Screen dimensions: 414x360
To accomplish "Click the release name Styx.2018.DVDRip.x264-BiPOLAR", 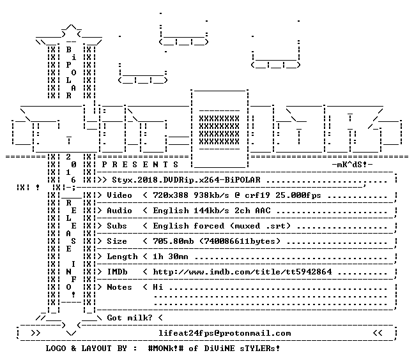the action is (186, 180).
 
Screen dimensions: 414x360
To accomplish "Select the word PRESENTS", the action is (140, 165).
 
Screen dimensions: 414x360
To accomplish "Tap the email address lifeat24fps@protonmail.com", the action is (225, 333).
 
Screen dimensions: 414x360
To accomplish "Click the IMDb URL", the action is (242, 272).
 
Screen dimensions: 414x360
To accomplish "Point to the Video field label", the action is (119, 195).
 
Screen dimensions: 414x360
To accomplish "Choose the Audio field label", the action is (119, 211).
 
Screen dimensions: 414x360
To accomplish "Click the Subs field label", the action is (117, 226).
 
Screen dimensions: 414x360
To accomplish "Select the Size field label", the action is (117, 241).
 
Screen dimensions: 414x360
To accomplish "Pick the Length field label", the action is (122, 257).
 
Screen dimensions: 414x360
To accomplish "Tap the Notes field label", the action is (119, 287).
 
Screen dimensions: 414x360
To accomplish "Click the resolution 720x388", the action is (171, 195).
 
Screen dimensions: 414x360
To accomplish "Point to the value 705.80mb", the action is (173, 241).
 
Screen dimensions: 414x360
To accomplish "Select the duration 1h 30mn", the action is (171, 257).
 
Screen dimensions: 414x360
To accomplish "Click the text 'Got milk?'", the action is (130, 318).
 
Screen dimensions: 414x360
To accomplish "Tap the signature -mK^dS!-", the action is (353, 165).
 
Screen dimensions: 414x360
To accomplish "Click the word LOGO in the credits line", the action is (56, 349).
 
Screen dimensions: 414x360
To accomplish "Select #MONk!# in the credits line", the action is (165, 349).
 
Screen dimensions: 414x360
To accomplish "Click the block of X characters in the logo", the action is (219, 130).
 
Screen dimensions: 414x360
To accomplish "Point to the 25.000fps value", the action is (298, 195).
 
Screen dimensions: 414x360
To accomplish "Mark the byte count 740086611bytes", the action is (240, 241).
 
